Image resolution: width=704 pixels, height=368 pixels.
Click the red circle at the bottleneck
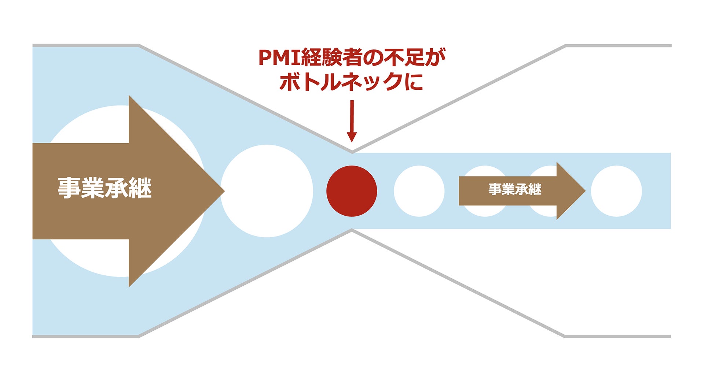coord(352,191)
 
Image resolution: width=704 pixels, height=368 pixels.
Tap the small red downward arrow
coord(352,121)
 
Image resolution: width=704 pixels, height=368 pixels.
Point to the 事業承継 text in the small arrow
coord(514,189)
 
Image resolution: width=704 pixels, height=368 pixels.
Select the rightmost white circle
coord(616,191)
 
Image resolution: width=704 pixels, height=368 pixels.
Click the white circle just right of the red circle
coord(419,191)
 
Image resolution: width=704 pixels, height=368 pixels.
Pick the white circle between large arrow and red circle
coord(267,191)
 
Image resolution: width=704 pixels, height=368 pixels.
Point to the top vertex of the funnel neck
coord(352,151)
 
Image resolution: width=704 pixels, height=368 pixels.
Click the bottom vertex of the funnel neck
coord(352,231)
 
